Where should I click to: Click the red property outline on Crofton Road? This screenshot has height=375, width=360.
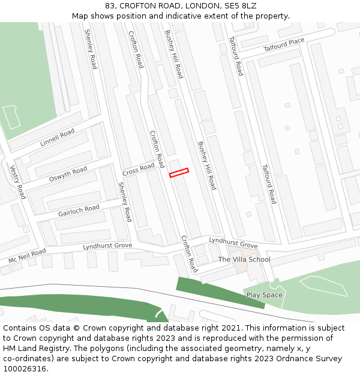(x=179, y=173)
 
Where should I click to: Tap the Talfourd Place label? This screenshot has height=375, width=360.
(x=284, y=45)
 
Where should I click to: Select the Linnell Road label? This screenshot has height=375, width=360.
(x=57, y=138)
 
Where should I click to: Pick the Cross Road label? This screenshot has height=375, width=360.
(x=139, y=170)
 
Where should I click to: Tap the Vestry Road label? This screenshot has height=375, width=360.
(x=17, y=182)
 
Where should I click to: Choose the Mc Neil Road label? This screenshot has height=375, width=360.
(x=26, y=256)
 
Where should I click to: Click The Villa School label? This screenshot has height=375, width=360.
(x=244, y=260)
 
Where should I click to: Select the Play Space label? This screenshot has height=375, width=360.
(x=264, y=295)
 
